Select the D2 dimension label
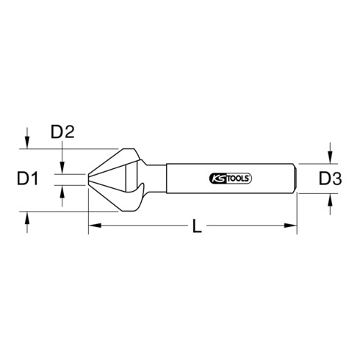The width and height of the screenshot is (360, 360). [62, 134]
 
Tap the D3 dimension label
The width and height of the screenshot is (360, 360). [331, 177]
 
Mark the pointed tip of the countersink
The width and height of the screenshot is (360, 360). [89, 179]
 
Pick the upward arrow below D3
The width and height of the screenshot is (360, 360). [331, 198]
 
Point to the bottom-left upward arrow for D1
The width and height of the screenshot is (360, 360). [27, 218]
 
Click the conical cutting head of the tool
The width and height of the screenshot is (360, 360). [118, 176]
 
